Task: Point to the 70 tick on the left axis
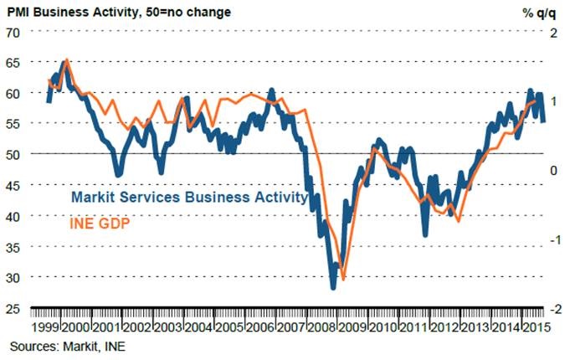click(14, 32)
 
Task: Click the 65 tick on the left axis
click(14, 63)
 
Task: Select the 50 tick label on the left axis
click(14, 154)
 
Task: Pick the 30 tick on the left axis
click(14, 277)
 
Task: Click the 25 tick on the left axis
click(14, 308)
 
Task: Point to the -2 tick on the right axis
click(551, 308)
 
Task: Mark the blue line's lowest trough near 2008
click(333, 287)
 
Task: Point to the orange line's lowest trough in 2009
click(343, 280)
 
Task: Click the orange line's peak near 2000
click(67, 60)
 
